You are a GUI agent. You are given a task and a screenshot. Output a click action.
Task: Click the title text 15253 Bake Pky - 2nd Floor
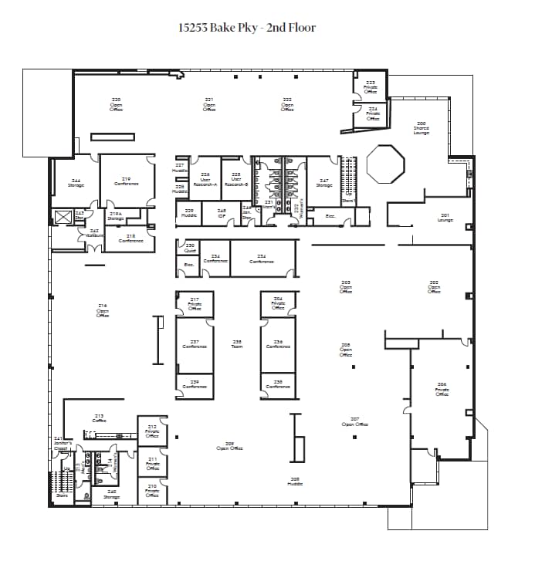point(247,28)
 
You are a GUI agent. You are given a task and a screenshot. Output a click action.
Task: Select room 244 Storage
point(76,183)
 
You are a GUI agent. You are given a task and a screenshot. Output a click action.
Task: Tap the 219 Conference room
point(126,181)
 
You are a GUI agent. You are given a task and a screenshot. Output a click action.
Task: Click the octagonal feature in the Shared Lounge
point(385,163)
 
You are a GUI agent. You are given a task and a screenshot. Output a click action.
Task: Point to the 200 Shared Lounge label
point(421,127)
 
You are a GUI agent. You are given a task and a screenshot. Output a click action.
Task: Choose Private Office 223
point(370,86)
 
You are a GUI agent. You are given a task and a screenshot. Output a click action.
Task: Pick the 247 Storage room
point(323,182)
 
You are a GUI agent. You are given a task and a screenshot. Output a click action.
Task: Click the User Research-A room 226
point(205,180)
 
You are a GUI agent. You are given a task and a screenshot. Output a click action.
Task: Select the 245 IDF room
point(222,213)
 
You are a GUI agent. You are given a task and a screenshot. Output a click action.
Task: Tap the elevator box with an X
point(63,216)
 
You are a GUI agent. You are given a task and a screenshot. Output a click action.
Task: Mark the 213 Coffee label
point(99,418)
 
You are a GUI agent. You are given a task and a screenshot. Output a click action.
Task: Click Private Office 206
point(441,389)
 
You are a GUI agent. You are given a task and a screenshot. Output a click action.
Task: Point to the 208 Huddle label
point(294,481)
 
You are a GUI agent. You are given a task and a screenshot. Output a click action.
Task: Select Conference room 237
point(195,344)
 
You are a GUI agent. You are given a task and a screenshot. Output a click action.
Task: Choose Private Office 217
point(195,304)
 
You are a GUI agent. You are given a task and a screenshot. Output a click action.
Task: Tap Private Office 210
point(152,490)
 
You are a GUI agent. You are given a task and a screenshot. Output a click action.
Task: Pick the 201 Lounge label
point(445,218)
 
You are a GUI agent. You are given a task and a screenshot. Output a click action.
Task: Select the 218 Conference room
point(130,238)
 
